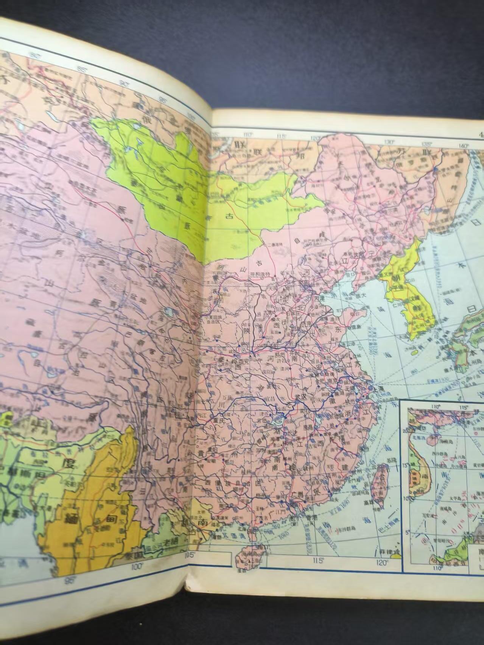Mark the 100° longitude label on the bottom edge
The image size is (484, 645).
pyautogui.click(x=136, y=567)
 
